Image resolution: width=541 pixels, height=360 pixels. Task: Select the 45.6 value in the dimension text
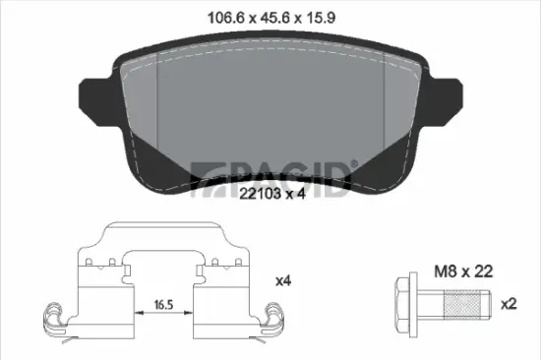269,16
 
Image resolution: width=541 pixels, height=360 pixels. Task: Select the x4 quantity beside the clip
283,281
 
